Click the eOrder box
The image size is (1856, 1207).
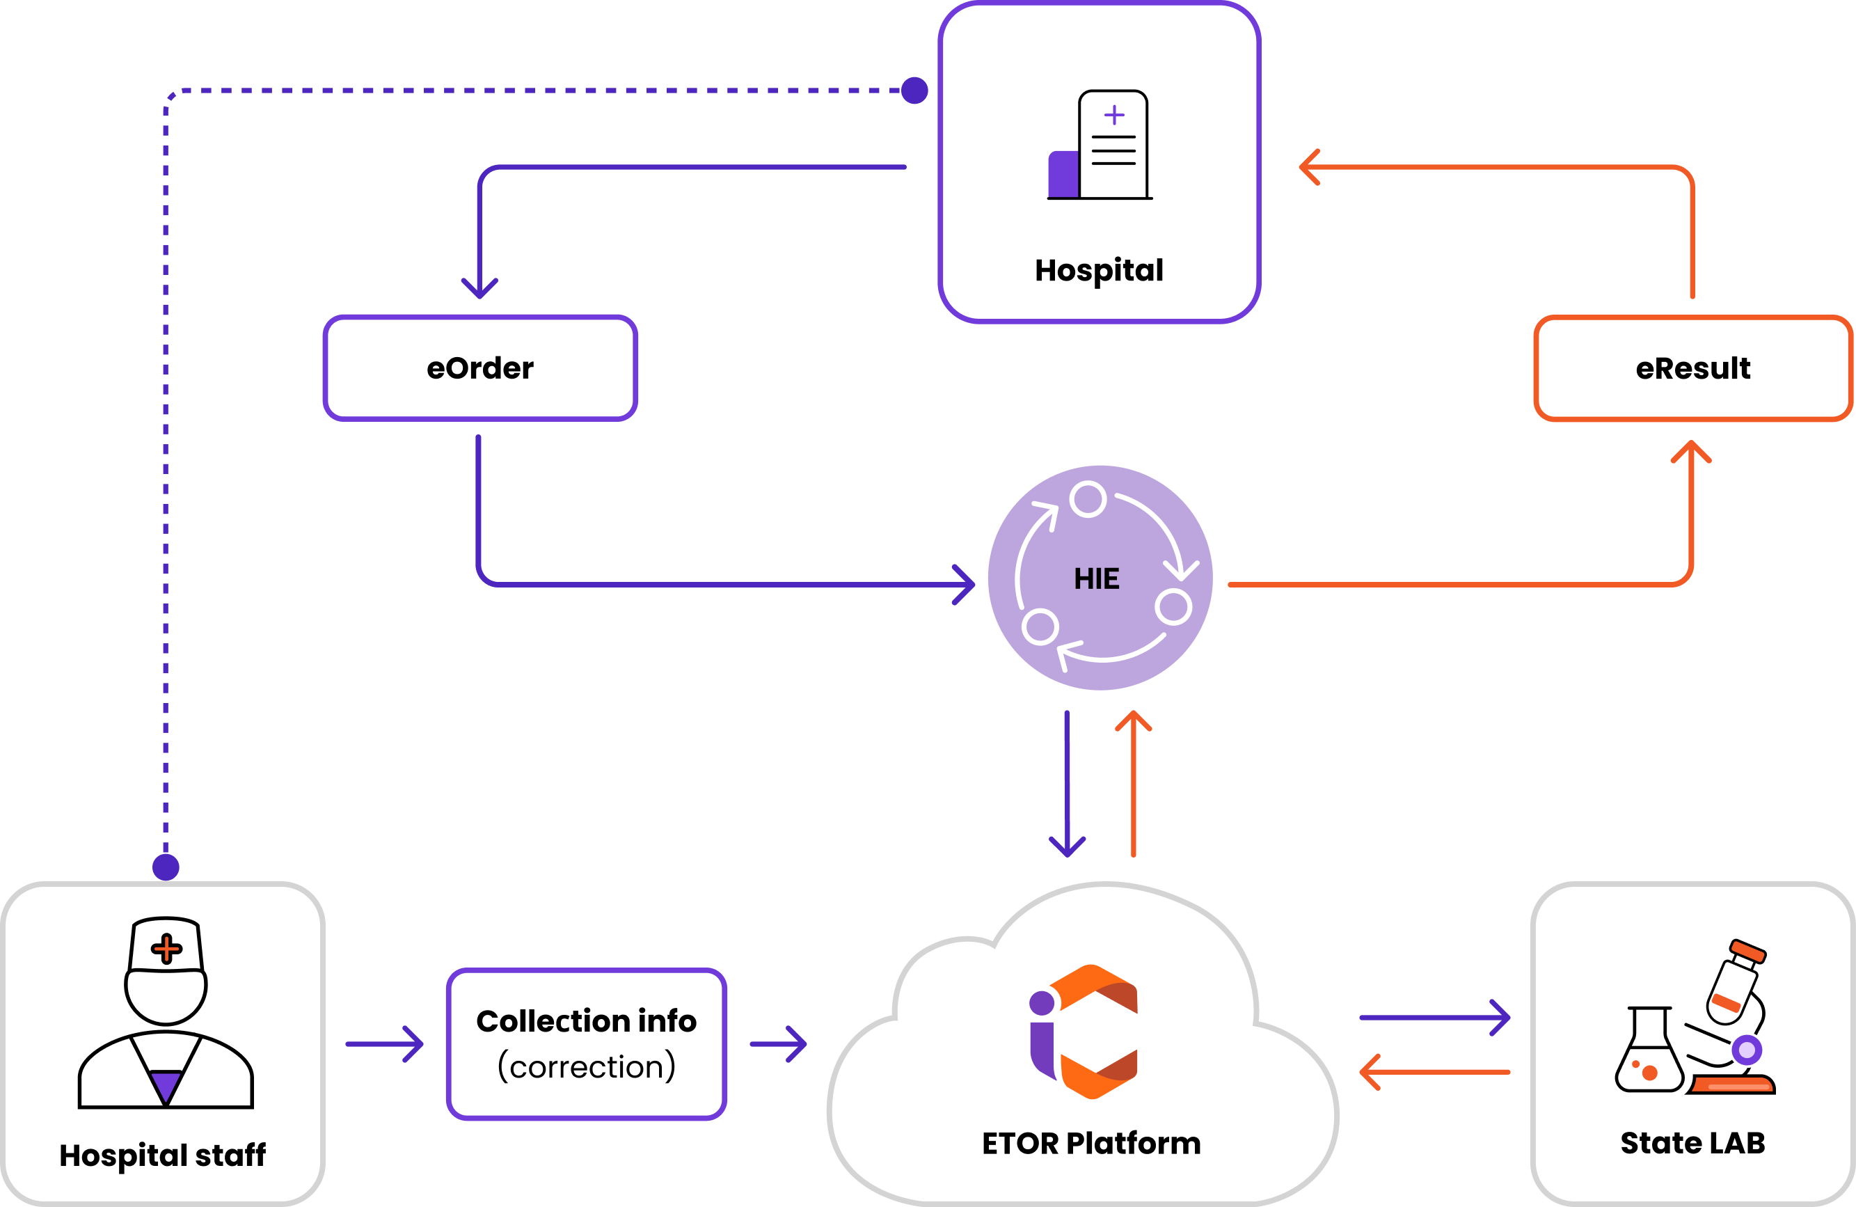coord(480,368)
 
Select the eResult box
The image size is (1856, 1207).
coord(1692,368)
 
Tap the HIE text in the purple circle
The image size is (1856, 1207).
coord(1097,579)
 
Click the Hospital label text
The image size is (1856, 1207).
coord(1099,270)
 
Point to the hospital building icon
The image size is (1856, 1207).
coord(1100,146)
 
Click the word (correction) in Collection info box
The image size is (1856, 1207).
coord(587,1066)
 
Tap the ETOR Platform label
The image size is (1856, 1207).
coord(1091,1143)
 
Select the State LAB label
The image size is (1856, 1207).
coord(1692,1143)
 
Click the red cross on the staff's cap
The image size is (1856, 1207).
coord(166,949)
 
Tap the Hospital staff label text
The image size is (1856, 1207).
coord(162,1155)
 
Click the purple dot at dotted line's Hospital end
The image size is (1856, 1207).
coord(914,90)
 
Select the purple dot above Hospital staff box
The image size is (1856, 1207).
coord(166,866)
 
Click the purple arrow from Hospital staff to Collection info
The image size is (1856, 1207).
coord(386,1043)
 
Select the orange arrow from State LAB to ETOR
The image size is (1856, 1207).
coord(1435,1072)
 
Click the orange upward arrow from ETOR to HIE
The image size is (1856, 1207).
coord(1133,780)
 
